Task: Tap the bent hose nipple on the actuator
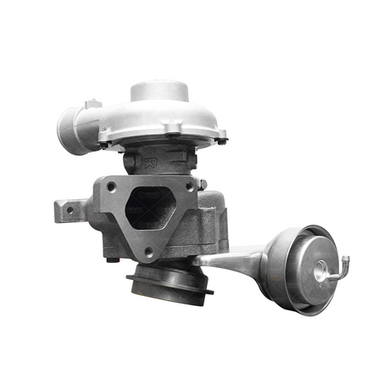coord(343,265)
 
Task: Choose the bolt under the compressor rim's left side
coord(104,142)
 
